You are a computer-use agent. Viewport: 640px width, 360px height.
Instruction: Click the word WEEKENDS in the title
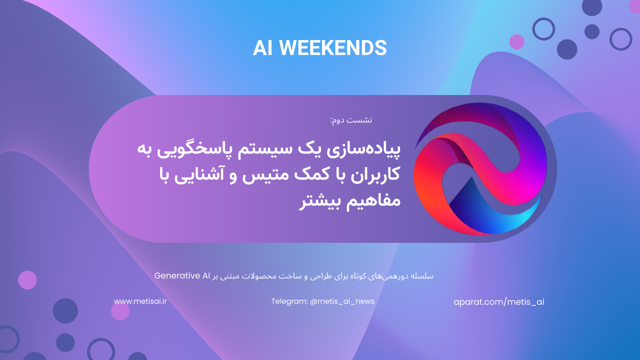tap(333, 48)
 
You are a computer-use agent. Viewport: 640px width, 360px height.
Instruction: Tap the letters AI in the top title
tap(263, 48)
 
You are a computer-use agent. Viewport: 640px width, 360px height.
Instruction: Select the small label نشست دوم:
tap(351, 120)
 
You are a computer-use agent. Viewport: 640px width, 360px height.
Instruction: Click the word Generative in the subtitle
tap(177, 276)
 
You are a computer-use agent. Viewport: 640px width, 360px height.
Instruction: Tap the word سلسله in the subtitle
tap(422, 276)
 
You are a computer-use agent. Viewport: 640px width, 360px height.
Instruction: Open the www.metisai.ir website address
tap(140, 301)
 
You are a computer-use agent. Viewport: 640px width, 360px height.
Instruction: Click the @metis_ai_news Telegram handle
tap(342, 301)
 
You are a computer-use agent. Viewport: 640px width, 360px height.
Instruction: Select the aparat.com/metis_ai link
tap(499, 302)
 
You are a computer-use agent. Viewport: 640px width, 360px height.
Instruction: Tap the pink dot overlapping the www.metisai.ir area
tap(120, 311)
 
